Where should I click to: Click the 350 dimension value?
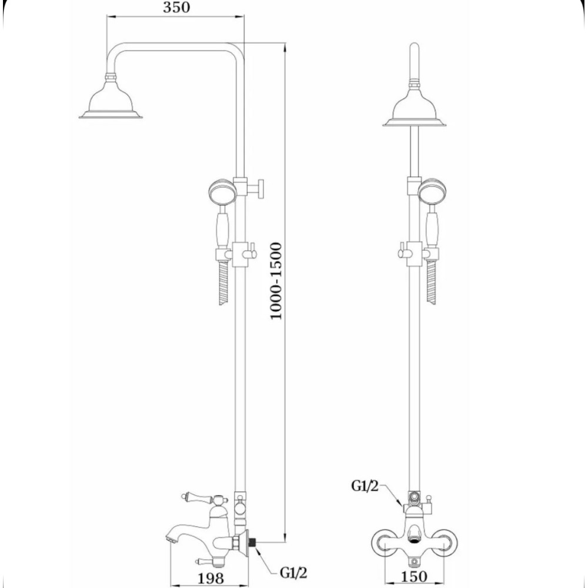click(176, 8)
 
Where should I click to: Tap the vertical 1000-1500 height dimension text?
click(276, 281)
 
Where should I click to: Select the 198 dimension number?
click(211, 578)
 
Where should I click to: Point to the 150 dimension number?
click(413, 576)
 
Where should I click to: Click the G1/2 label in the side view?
click(293, 573)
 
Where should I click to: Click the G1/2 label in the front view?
click(365, 486)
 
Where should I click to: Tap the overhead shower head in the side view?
click(111, 97)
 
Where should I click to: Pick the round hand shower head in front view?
click(432, 191)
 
